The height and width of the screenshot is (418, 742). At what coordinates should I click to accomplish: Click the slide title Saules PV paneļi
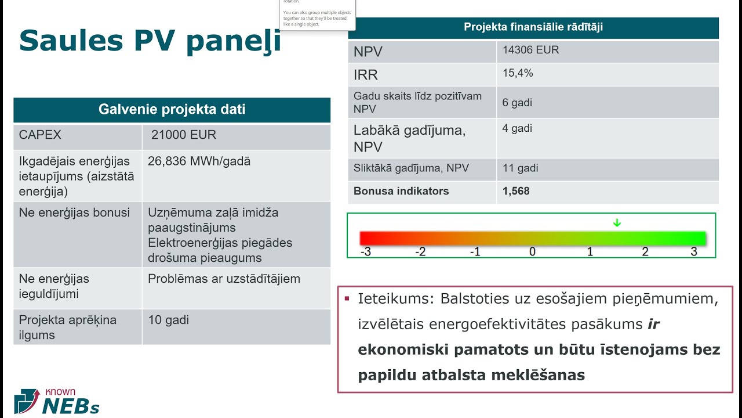(150, 41)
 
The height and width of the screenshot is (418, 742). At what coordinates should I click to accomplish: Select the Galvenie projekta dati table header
(172, 110)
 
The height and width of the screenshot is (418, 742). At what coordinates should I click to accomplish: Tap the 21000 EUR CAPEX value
(183, 135)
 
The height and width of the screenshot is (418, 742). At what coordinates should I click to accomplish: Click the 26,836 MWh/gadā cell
(199, 161)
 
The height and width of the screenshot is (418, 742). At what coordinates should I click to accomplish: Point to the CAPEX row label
(40, 135)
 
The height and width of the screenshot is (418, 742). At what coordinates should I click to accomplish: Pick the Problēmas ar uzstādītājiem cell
(224, 279)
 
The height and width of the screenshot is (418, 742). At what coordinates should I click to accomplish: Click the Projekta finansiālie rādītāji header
(533, 27)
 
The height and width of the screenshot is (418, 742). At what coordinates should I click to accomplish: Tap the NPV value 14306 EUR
(530, 50)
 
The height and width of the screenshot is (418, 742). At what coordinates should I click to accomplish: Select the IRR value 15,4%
(518, 73)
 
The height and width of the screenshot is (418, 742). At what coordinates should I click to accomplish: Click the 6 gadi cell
(517, 103)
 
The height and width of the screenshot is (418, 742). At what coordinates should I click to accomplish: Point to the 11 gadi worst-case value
(520, 168)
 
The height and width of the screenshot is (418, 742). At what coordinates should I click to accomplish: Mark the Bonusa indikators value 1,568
(516, 191)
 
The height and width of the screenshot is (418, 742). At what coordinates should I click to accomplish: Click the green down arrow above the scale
(617, 223)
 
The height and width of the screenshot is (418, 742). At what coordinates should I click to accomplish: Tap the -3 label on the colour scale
(365, 252)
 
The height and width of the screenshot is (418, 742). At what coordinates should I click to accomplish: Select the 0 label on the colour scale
(532, 252)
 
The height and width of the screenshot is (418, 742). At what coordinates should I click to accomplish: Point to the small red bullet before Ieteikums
(347, 299)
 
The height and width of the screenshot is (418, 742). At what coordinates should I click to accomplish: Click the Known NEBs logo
(56, 401)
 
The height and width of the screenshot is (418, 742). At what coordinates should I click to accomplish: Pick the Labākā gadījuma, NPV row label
(409, 138)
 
